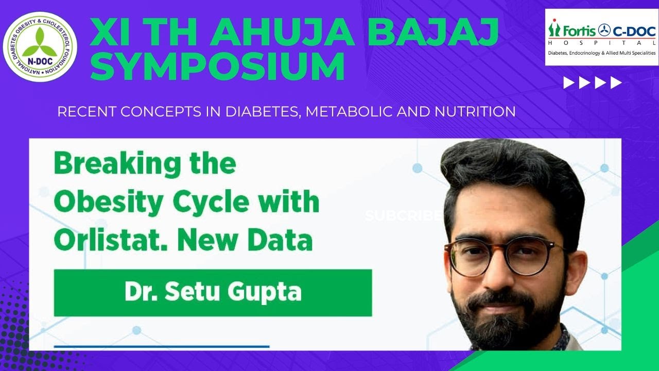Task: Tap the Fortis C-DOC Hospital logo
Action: [601, 37]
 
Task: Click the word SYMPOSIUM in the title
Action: [217, 67]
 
